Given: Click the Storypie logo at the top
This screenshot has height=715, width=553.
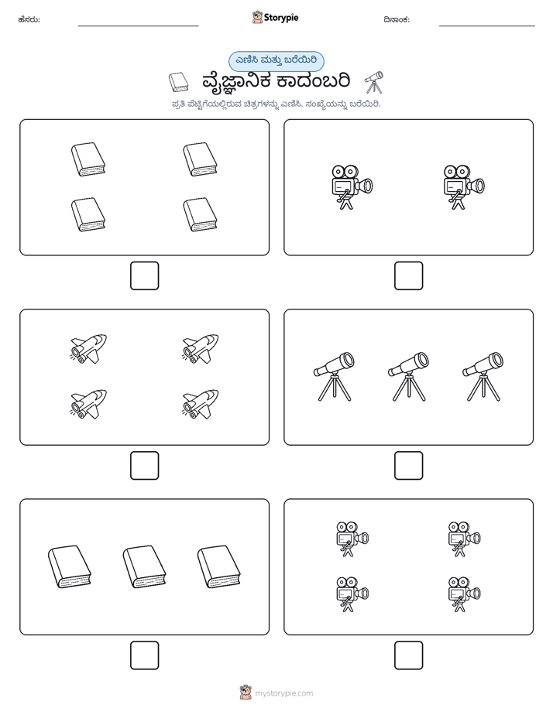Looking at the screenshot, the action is (x=275, y=17).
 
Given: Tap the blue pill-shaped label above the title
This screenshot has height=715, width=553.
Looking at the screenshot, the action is (x=276, y=61).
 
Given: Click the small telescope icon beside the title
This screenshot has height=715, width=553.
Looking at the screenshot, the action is (x=373, y=82).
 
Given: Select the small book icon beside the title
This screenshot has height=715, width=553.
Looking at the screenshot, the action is (x=178, y=82).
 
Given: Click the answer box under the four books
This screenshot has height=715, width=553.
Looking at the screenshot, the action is (x=145, y=276).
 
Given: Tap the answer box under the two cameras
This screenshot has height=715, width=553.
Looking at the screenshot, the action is (x=408, y=276).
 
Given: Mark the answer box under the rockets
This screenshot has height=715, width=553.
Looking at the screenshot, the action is (x=145, y=466).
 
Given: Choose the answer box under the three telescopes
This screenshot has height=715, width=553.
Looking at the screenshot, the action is (x=408, y=466).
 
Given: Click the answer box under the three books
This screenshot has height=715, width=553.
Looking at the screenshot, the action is (x=145, y=655).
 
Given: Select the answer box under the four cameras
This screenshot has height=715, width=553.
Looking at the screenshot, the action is (x=408, y=655).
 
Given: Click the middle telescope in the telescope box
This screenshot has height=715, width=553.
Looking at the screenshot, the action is (x=408, y=376).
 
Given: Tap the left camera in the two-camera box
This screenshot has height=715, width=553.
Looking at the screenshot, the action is (x=352, y=187).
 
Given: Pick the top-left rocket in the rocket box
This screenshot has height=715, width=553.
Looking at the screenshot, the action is (x=88, y=349).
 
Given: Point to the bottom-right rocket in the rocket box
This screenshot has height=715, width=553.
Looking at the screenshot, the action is (x=201, y=404).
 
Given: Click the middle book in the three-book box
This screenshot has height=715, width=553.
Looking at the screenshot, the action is (x=144, y=566).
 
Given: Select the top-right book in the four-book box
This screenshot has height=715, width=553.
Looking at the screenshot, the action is (x=201, y=159).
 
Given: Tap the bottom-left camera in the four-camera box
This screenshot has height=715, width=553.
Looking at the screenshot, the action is (x=352, y=594).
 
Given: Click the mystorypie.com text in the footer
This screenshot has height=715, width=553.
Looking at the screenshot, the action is (x=283, y=693).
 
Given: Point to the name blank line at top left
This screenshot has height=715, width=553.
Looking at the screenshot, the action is (x=138, y=26).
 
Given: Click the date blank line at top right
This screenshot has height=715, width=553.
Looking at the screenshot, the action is (x=487, y=26).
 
